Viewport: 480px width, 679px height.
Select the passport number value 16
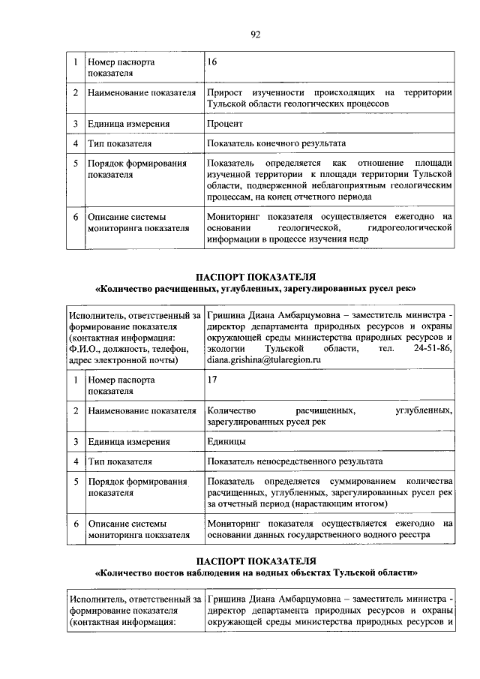[x=213, y=62]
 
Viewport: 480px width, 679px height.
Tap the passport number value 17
[x=213, y=380]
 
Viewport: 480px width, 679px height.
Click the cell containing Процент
[x=225, y=124]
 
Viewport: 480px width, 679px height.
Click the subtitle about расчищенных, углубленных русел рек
[x=255, y=288]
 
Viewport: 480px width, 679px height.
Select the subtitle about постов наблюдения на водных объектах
[x=255, y=572]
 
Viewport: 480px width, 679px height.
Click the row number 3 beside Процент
[x=76, y=124]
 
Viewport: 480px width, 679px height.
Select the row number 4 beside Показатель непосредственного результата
[x=76, y=461]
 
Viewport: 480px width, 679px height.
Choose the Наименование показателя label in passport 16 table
[x=141, y=93]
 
